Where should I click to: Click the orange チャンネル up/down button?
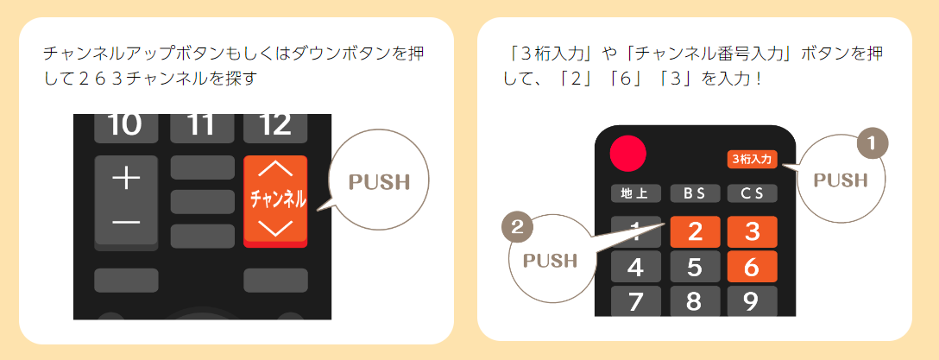point(276,200)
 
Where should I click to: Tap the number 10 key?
point(126,127)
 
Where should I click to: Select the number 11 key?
point(202,127)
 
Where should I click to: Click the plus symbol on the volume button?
point(126,179)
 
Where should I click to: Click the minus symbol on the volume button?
point(126,223)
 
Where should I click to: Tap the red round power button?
point(628,155)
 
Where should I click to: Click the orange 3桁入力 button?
point(753,159)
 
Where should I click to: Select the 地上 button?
point(636,193)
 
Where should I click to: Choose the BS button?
point(694,193)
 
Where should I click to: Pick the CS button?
point(752,193)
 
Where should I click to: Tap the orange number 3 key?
point(752,231)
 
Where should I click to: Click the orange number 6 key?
point(752,267)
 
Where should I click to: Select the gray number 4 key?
point(636,267)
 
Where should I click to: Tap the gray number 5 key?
point(694,267)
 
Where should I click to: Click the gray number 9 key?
point(752,301)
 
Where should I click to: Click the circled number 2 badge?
point(517,227)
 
